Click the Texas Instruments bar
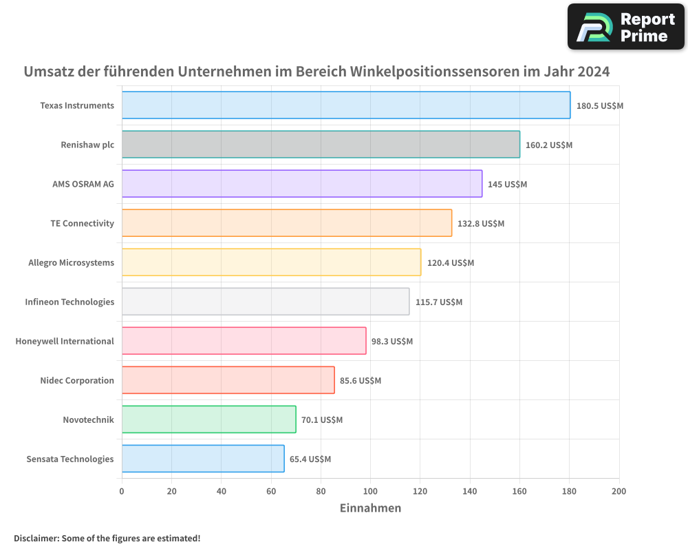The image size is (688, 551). (346, 105)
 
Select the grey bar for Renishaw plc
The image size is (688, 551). (321, 145)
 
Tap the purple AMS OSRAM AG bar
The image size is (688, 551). (302, 184)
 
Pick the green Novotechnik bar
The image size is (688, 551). (208, 419)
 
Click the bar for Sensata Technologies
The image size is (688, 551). (203, 459)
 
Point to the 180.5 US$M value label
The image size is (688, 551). (599, 106)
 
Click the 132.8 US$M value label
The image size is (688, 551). (481, 224)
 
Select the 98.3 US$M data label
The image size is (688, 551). (392, 342)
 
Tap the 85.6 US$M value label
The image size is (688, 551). (361, 381)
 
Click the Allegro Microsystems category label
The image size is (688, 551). (71, 262)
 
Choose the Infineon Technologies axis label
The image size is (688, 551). (69, 302)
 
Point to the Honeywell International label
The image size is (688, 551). (65, 341)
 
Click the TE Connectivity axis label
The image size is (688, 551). (82, 223)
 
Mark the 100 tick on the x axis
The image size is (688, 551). (370, 491)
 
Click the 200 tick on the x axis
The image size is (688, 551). (619, 491)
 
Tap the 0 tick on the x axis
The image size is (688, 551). (122, 491)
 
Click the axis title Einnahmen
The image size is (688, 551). (370, 508)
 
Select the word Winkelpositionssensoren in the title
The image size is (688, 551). (435, 72)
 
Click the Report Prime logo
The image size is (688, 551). (625, 27)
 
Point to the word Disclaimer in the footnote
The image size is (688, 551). (36, 538)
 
